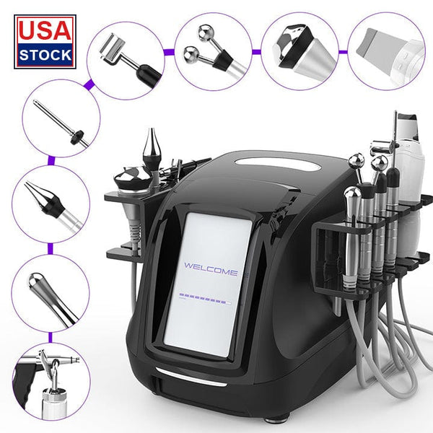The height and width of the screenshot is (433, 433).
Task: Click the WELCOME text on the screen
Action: coord(210,271)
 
